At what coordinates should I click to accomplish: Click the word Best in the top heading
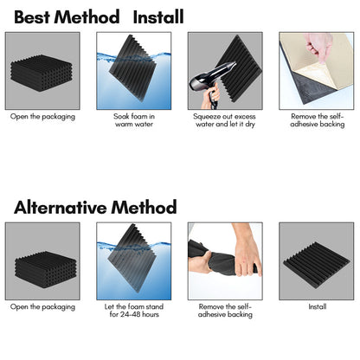pyautogui.click(x=32, y=16)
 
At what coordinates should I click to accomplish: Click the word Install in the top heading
pyautogui.click(x=158, y=16)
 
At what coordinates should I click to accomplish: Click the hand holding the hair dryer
pyautogui.click(x=211, y=97)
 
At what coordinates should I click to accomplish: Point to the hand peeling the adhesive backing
pyautogui.click(x=318, y=46)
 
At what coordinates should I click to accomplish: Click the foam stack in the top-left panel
pyautogui.click(x=42, y=73)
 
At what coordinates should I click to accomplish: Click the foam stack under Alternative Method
pyautogui.click(x=46, y=266)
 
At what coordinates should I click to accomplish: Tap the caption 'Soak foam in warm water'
pyautogui.click(x=134, y=120)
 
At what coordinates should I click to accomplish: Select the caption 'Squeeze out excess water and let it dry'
pyautogui.click(x=224, y=120)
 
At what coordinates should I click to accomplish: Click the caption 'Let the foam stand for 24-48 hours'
pyautogui.click(x=134, y=311)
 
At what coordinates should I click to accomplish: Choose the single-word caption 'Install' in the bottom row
pyautogui.click(x=318, y=306)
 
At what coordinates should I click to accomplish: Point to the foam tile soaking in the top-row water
pyautogui.click(x=132, y=68)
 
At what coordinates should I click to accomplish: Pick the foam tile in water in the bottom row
pyautogui.click(x=132, y=258)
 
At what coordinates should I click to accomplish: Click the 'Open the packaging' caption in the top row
pyautogui.click(x=42, y=117)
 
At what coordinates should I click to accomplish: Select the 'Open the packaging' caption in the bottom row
pyautogui.click(x=42, y=307)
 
